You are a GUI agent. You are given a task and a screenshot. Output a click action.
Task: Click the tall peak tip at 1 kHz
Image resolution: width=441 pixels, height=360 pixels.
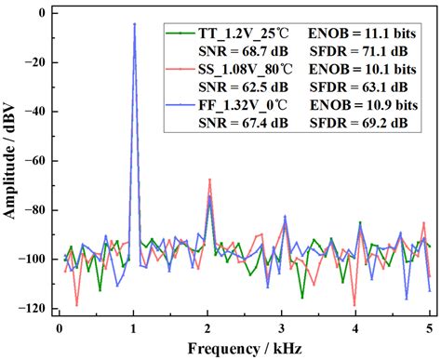(134, 24)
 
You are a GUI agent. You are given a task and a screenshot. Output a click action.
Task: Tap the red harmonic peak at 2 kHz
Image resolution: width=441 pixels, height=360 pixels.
(209, 180)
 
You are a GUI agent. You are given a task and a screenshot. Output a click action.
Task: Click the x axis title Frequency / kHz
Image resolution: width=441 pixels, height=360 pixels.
(244, 348)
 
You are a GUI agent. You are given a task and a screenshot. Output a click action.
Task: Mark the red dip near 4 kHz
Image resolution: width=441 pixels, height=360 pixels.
(354, 304)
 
